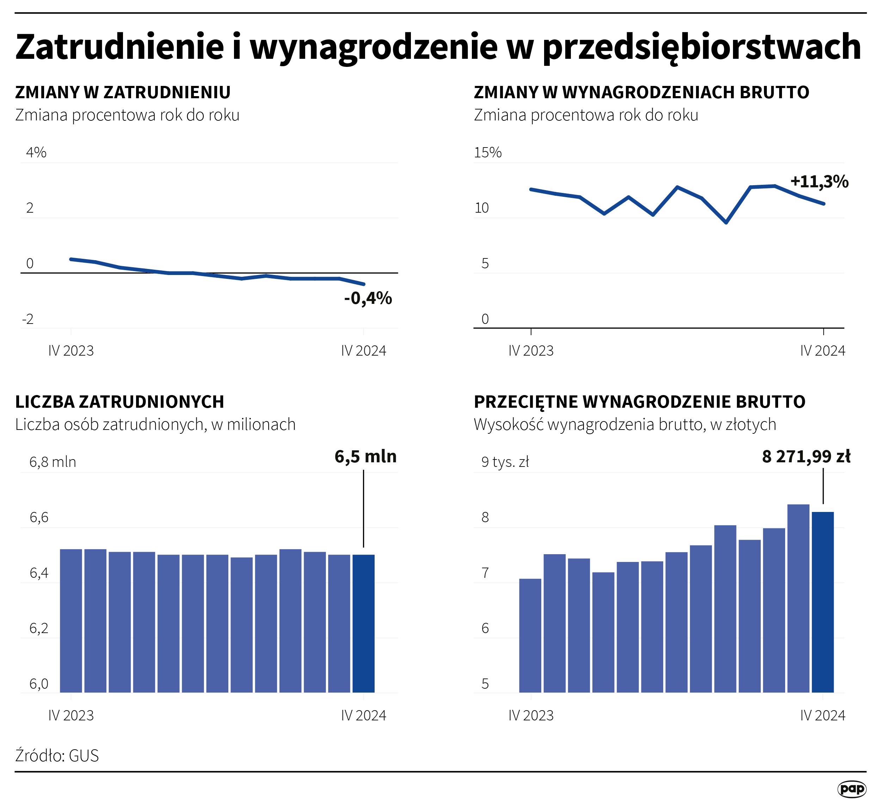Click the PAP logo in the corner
coord(852,789)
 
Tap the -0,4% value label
coord(368,298)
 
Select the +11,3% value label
coord(819,181)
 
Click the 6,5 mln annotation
coord(365,456)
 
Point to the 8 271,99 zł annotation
coord(806,456)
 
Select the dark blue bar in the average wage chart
coord(823,603)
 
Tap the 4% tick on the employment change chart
coord(36,152)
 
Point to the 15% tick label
coord(488,152)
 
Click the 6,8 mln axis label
coord(53,462)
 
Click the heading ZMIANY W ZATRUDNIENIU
coord(123,93)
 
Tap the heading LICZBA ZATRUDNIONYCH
coord(120,402)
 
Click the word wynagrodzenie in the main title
coord(374,47)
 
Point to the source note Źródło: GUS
coord(57,756)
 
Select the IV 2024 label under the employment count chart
coord(364,715)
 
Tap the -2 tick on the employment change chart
coord(27,319)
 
